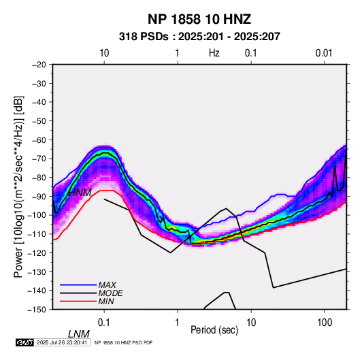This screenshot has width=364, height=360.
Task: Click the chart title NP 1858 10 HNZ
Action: coord(199,19)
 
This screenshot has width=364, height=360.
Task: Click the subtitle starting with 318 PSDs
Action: coord(199,37)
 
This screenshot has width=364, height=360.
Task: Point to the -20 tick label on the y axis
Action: coord(39,65)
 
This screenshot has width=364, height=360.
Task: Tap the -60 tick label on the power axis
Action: coord(39,140)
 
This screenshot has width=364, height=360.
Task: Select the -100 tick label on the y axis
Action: coord(37,215)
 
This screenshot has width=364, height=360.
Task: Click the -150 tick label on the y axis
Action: coord(37,310)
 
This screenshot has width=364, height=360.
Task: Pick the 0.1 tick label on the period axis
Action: coord(104,323)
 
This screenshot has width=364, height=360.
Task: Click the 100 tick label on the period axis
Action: coord(325,323)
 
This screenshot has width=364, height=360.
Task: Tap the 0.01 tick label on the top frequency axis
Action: coord(324,53)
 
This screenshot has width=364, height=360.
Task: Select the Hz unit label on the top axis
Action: coord(214,53)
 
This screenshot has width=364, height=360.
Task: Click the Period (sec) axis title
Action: coord(214,330)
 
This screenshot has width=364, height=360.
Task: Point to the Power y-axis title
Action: coord(18,187)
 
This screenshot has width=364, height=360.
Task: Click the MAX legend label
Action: coord(107,284)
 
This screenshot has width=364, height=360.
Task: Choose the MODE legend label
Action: coord(110,293)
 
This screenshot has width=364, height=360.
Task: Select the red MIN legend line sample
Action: coord(78,301)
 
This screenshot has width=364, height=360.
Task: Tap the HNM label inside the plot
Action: coord(80,193)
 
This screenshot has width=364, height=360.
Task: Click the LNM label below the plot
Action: coord(79,334)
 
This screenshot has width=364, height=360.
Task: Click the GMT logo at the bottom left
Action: coord(25,342)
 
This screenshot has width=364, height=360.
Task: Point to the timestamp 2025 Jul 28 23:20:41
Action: coord(62,342)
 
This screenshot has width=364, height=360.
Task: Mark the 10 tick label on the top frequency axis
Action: coord(104,53)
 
